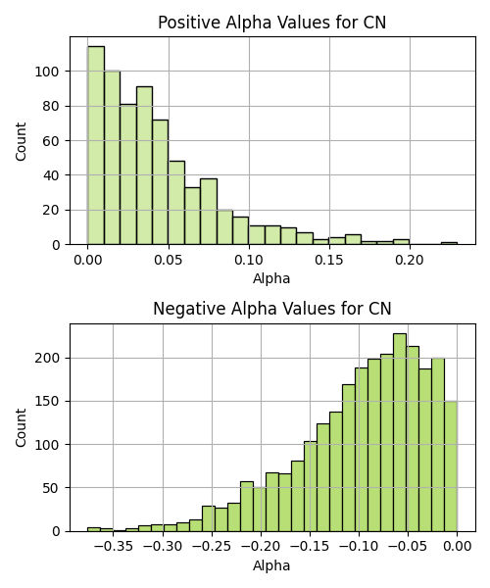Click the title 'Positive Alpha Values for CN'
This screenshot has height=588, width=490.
[x=271, y=23]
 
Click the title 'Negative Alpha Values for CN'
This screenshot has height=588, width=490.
[x=272, y=309]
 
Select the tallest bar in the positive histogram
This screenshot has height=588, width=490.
[x=96, y=145]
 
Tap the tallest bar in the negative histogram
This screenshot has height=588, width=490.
[x=400, y=432]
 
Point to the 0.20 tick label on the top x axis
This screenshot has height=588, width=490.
[x=410, y=260]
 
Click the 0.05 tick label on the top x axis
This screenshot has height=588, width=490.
[x=169, y=260]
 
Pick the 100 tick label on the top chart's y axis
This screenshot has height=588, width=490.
[x=47, y=72]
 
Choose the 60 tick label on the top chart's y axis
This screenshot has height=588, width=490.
[x=52, y=141]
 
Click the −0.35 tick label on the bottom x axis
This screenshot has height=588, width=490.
[x=114, y=547]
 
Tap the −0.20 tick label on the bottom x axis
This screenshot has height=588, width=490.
[x=261, y=547]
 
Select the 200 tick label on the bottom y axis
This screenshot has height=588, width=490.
[x=47, y=358]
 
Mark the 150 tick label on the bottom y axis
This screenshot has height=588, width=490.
[x=47, y=401]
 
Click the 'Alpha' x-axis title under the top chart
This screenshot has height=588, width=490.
[x=271, y=278]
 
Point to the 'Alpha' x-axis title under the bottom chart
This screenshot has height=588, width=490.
[x=271, y=565]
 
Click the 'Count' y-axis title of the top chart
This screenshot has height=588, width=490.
[x=21, y=141]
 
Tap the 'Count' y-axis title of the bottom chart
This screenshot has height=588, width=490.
[x=21, y=428]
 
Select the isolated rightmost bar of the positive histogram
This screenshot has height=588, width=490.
[x=449, y=243]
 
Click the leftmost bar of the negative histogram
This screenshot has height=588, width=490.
[x=94, y=529]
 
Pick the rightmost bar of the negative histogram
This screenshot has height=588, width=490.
[x=451, y=466]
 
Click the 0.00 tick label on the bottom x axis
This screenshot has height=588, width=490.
[x=457, y=547]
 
